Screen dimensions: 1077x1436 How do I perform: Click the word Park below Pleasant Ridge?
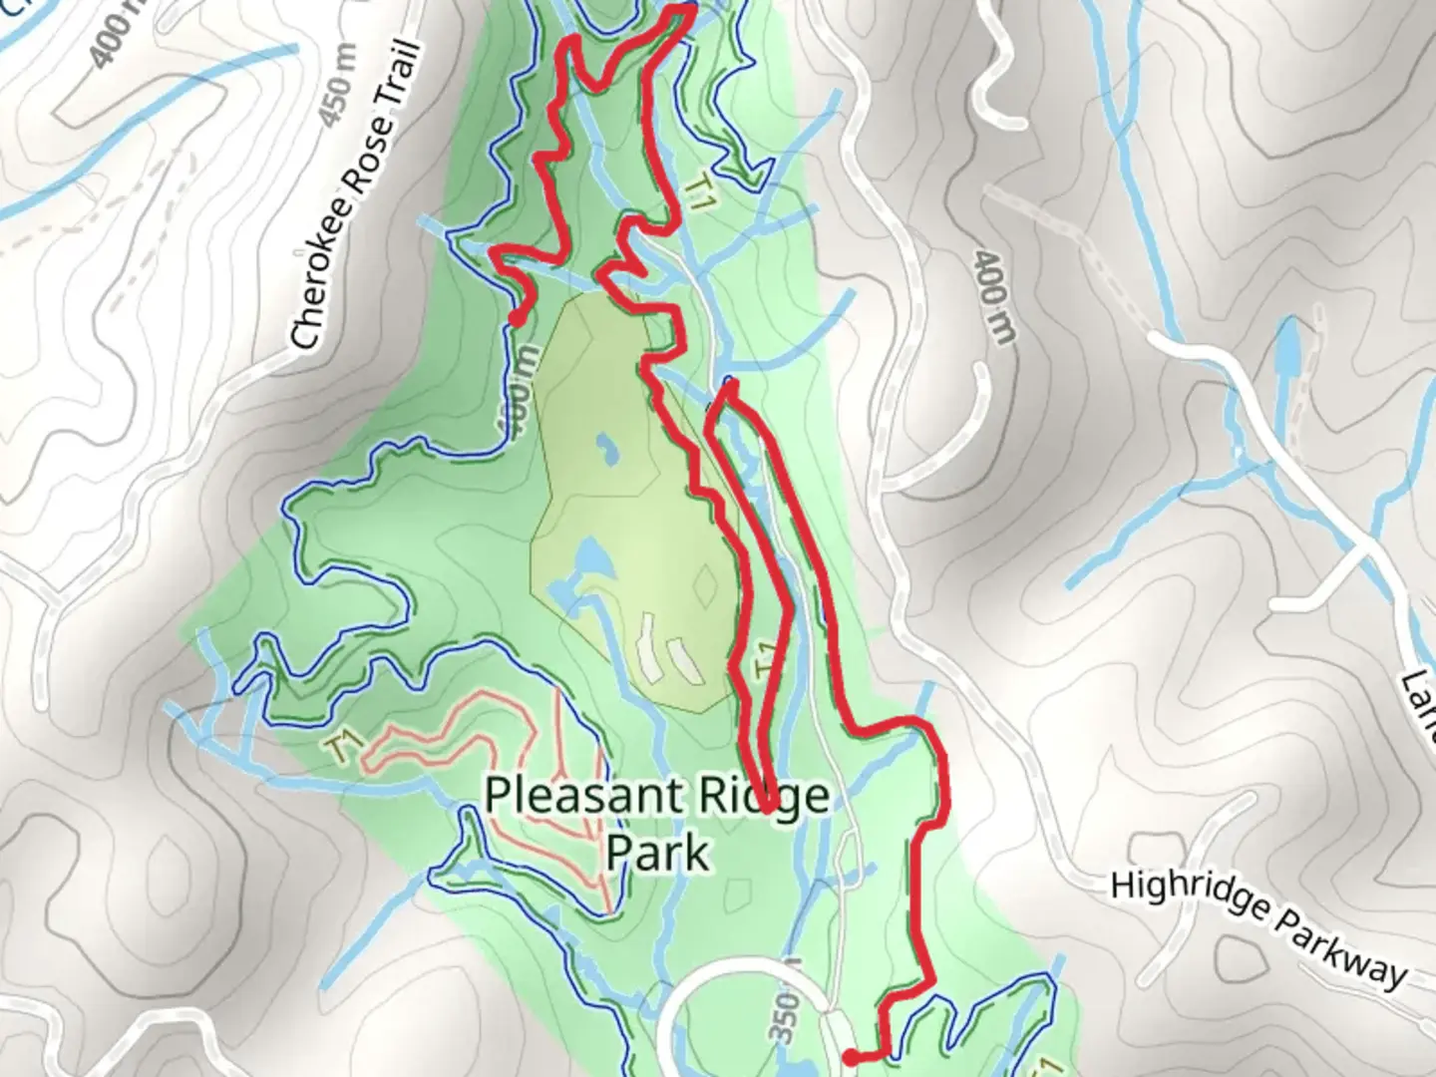point(658,854)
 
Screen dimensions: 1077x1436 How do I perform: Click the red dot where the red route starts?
point(850,1056)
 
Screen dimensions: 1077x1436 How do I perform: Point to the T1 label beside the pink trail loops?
point(343,747)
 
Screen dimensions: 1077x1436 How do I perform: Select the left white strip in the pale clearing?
point(648,648)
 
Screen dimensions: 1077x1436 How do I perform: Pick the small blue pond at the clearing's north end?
point(603,450)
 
